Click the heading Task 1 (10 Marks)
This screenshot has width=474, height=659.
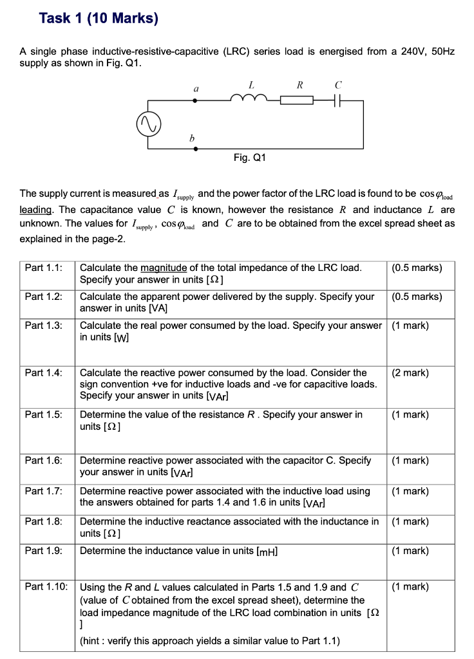coord(98,18)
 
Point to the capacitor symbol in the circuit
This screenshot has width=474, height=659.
coord(339,100)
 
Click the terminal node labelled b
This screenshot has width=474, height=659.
coord(196,147)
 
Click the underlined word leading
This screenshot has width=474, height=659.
coord(37,210)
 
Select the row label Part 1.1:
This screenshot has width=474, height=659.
coord(44,268)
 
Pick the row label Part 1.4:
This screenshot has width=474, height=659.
coord(44,373)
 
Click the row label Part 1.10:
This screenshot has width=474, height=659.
coord(46,586)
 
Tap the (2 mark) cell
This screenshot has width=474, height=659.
coord(410,373)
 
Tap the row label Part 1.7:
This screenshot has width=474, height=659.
coord(44,491)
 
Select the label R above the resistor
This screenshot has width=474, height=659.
coord(299,84)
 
